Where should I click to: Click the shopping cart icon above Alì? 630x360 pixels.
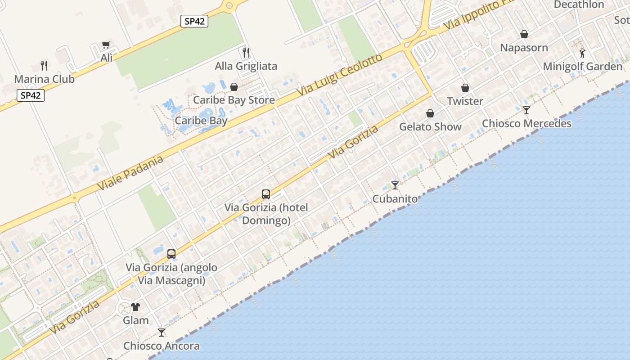click(106, 45)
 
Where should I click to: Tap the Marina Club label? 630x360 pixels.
click(44, 79)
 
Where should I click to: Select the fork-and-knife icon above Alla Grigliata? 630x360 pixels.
click(246, 53)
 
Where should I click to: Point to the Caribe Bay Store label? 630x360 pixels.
click(234, 100)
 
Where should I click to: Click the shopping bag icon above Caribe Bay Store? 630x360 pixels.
click(234, 87)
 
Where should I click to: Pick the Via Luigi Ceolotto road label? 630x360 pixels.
click(340, 75)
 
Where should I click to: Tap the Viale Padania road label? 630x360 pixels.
click(130, 173)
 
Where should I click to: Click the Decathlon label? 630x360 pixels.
click(579, 4)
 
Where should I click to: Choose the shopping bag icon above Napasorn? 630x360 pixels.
click(524, 34)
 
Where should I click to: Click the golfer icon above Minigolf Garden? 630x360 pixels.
click(582, 53)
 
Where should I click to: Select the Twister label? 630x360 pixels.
click(465, 101)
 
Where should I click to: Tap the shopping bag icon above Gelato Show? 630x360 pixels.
click(430, 113)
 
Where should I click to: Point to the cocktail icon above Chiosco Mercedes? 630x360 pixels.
click(526, 110)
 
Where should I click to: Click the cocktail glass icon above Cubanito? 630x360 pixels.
click(395, 185)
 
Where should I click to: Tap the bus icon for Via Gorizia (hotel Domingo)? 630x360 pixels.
click(266, 194)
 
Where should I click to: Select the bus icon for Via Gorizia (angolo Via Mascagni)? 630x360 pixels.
click(171, 254)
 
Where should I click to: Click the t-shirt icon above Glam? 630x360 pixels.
click(135, 307)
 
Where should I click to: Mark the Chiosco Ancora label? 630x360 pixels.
click(162, 346)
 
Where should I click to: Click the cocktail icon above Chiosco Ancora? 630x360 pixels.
click(162, 333)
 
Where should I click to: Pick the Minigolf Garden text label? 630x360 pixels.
click(582, 67)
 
